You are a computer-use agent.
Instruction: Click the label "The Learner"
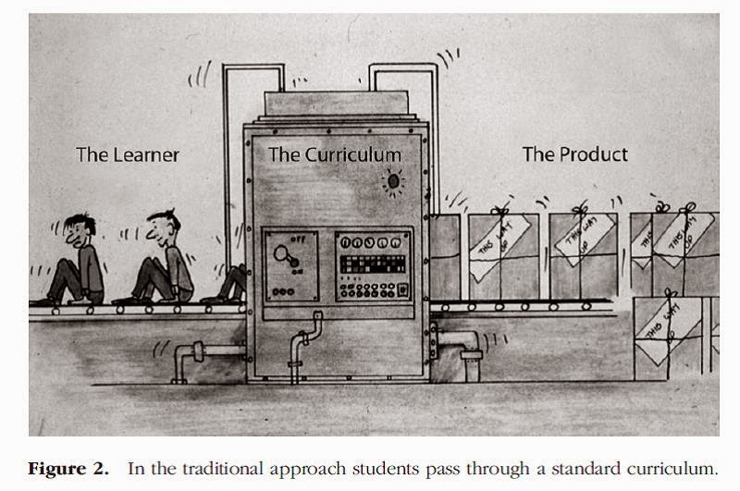coord(127,154)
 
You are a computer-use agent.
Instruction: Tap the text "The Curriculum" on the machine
coord(335,154)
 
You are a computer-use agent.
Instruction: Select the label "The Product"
coord(574,154)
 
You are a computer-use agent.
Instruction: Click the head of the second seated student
coord(164,225)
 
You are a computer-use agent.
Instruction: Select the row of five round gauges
coord(373,243)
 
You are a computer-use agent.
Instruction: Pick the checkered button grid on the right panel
coord(372,264)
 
